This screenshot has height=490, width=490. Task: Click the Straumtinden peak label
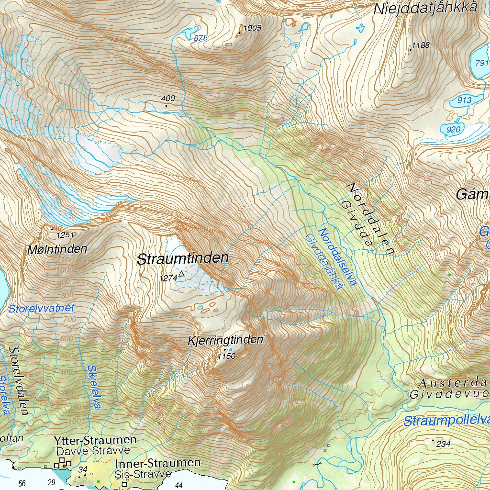(183, 259)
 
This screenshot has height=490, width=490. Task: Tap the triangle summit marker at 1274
(181, 275)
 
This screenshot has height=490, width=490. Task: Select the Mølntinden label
(57, 249)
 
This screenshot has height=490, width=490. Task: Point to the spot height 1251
(66, 235)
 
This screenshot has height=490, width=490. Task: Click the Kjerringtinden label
(226, 340)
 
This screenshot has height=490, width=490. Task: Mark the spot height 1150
(227, 356)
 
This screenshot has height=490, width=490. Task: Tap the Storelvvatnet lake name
(42, 309)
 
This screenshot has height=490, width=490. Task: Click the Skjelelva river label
(94, 387)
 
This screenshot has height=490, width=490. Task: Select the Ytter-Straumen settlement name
(95, 440)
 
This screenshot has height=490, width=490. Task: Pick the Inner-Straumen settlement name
(158, 463)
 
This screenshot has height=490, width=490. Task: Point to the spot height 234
(443, 444)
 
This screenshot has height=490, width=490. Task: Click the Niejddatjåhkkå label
(426, 8)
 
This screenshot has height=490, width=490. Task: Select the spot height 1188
(421, 45)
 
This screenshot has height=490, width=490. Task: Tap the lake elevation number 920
(453, 130)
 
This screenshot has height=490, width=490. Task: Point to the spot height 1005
(252, 28)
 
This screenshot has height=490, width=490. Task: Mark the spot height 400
(168, 99)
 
